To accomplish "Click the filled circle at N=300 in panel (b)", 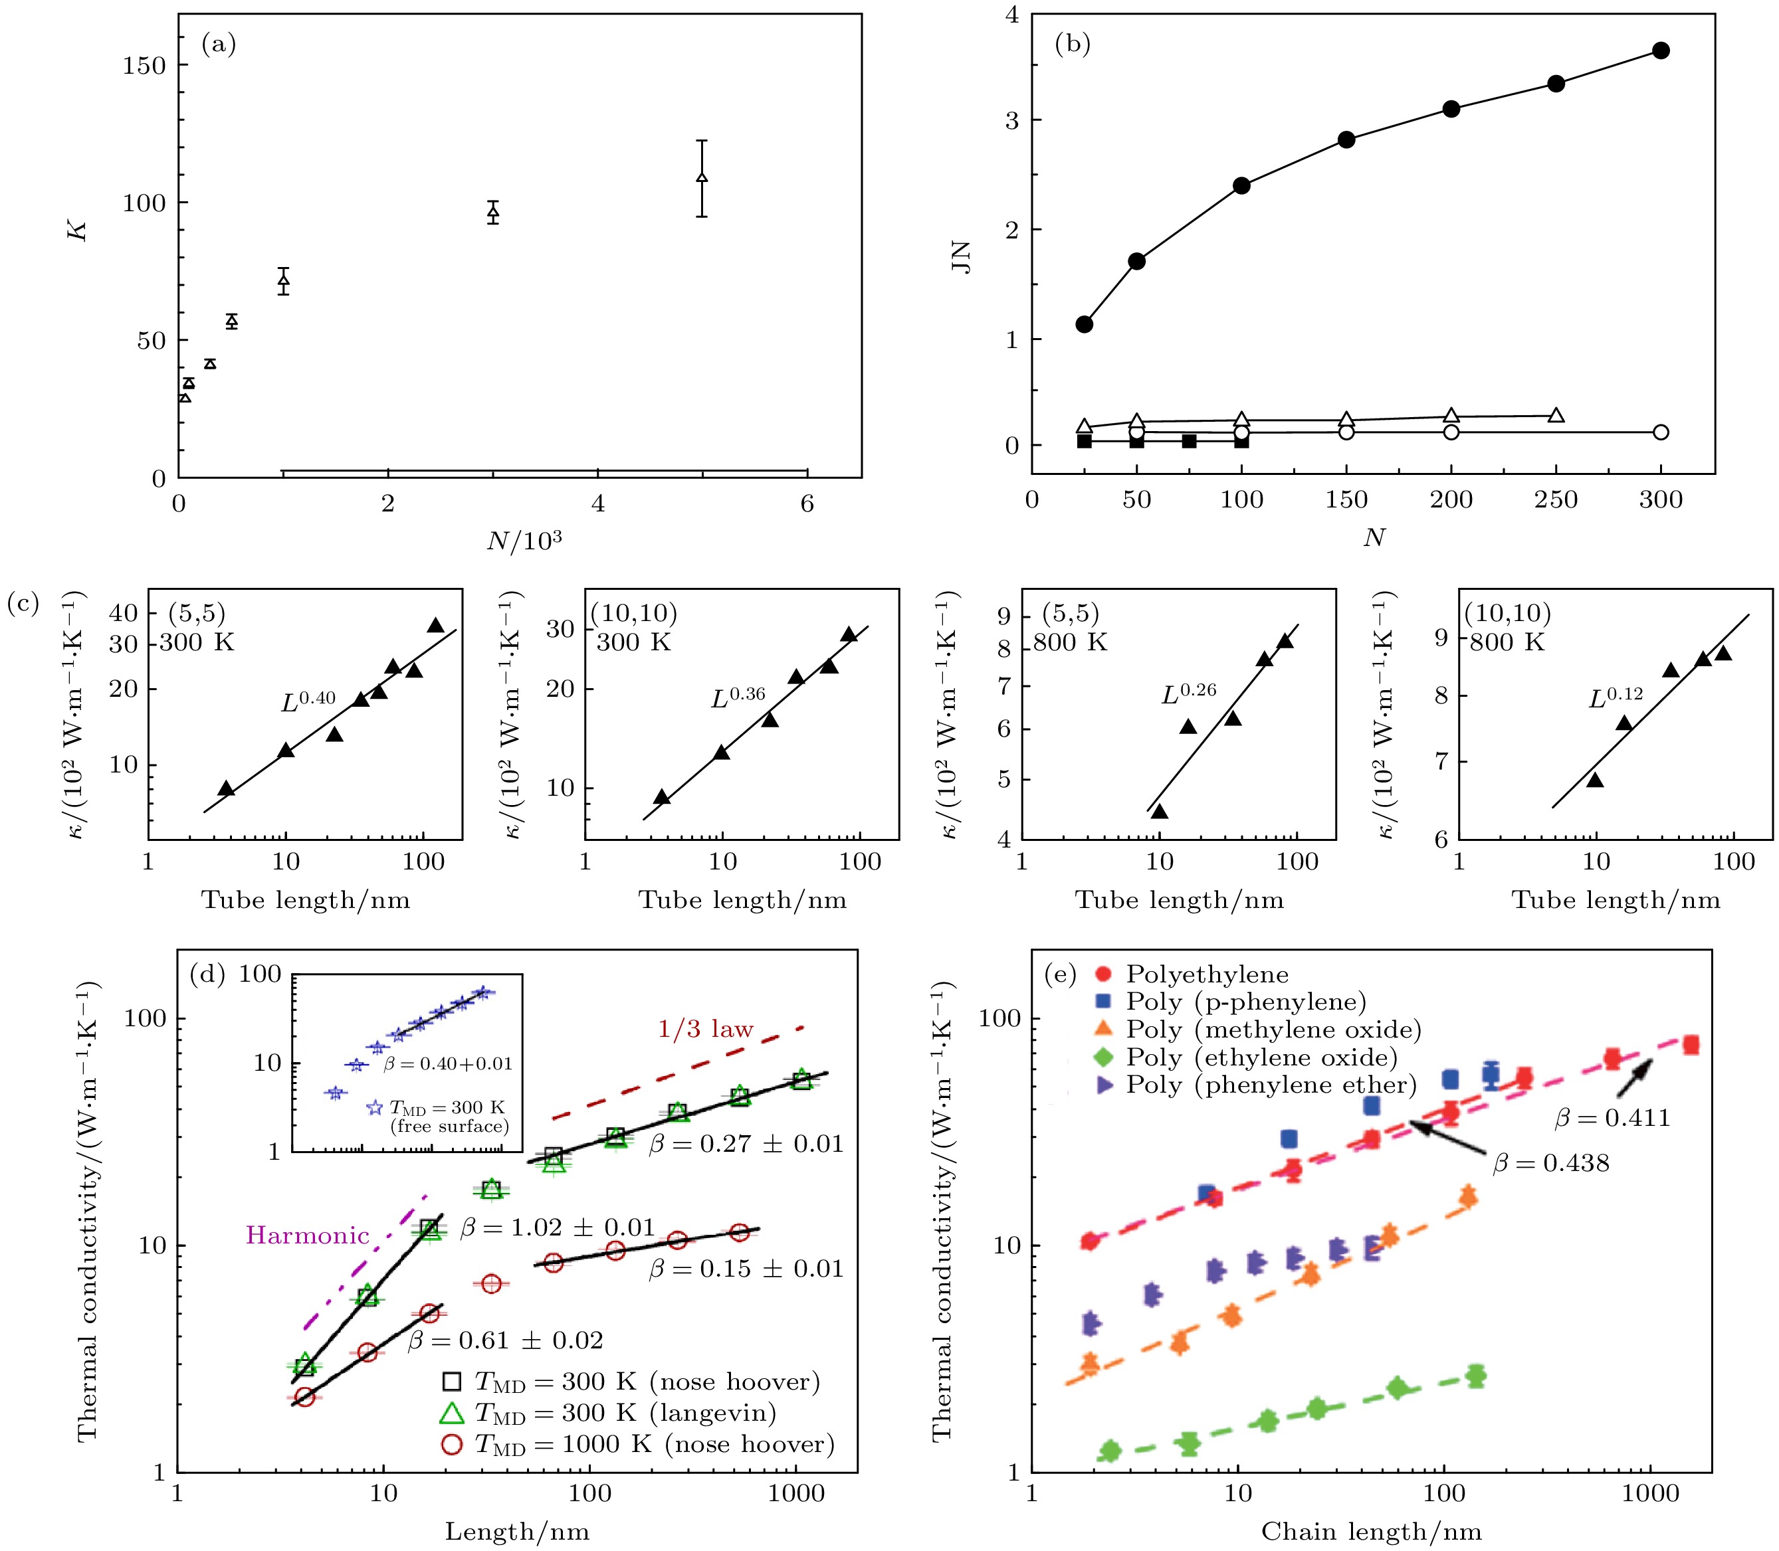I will [1661, 50].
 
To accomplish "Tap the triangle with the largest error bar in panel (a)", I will [702, 177].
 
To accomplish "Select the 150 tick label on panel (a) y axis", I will [144, 66].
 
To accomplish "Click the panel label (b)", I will [1072, 43].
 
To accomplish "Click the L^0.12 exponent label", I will [1616, 697].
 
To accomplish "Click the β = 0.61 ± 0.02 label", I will [506, 1340].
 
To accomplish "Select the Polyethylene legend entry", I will [1207, 974].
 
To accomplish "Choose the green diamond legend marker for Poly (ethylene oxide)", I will [1103, 1057].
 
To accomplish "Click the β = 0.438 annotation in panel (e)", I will [1551, 1163].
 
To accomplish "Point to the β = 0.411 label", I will [1612, 1118].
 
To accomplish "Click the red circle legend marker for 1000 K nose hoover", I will [452, 1445].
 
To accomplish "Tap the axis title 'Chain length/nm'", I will [1371, 1532].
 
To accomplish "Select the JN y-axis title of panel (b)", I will [962, 258].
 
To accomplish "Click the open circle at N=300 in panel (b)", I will [1661, 432].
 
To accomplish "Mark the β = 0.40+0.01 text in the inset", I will [447, 1063].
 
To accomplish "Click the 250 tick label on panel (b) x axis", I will [1556, 500].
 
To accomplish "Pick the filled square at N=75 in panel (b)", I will [1190, 442].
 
